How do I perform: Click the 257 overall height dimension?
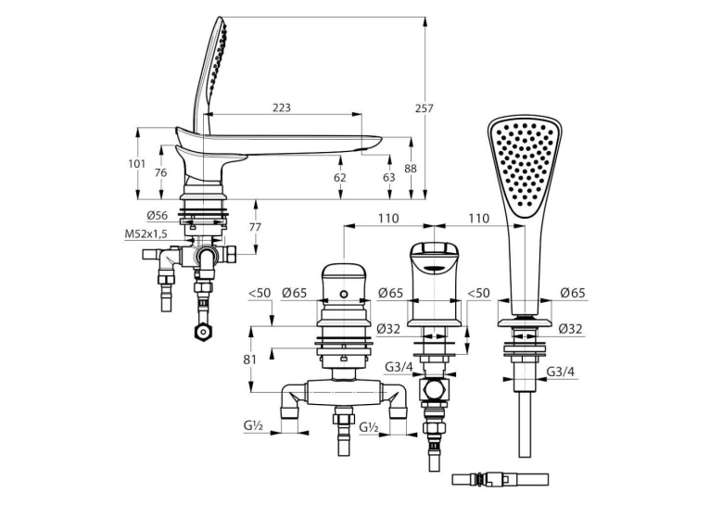tap(425, 108)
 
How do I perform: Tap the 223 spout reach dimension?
tap(282, 107)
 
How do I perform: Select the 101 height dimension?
tap(137, 164)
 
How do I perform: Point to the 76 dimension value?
tap(160, 173)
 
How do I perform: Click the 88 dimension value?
tap(411, 169)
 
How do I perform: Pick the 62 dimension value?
tap(339, 177)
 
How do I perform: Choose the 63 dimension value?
tap(389, 177)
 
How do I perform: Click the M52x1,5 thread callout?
tap(146, 234)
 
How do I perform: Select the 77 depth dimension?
tap(256, 227)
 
